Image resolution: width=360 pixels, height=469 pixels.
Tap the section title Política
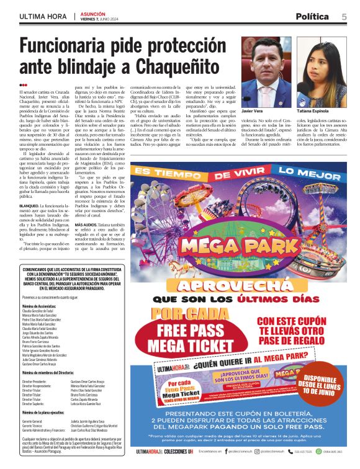pyautogui.click(x=317, y=17)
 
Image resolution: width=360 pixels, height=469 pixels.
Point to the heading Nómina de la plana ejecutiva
pyautogui.click(x=50, y=411)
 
